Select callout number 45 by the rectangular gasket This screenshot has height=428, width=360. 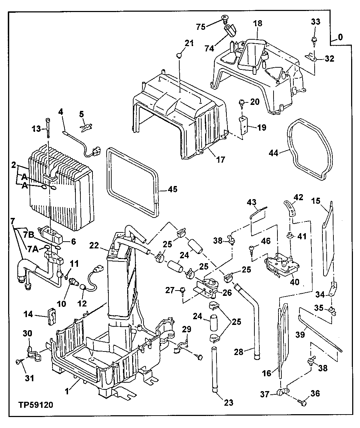click(x=172, y=189)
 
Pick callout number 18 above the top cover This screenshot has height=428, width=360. click(x=258, y=23)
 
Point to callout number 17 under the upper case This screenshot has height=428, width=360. click(x=220, y=160)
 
